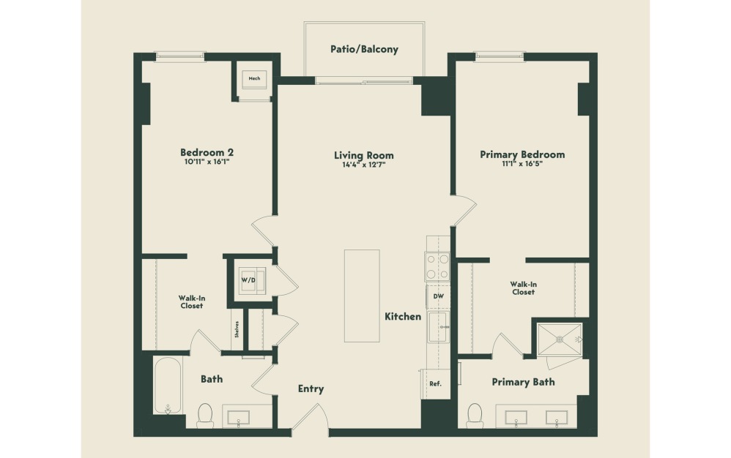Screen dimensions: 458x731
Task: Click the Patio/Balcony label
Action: [x=364, y=50]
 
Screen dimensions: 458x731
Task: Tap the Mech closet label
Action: [x=254, y=79]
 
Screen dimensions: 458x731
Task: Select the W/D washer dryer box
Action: [x=248, y=280]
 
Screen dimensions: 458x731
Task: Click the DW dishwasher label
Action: [x=439, y=296]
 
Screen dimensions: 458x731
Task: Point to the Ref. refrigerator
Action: [x=435, y=383]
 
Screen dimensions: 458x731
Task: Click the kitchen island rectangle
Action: [x=362, y=295]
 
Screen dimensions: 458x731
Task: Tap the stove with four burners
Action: [x=437, y=266]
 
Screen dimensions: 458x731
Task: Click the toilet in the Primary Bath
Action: [x=475, y=415]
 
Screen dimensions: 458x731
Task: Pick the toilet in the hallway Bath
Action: [x=205, y=415]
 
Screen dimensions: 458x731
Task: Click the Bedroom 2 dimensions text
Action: [x=207, y=163]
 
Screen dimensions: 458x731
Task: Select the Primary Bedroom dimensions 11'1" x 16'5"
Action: [x=522, y=165]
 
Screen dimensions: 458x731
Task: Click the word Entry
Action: [x=311, y=389]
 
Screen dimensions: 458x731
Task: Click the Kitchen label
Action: [x=403, y=317]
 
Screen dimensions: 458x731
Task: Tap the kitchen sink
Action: [x=439, y=326]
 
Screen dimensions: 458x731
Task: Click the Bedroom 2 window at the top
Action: [x=180, y=55]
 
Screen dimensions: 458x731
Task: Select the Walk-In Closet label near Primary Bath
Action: [x=522, y=288]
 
